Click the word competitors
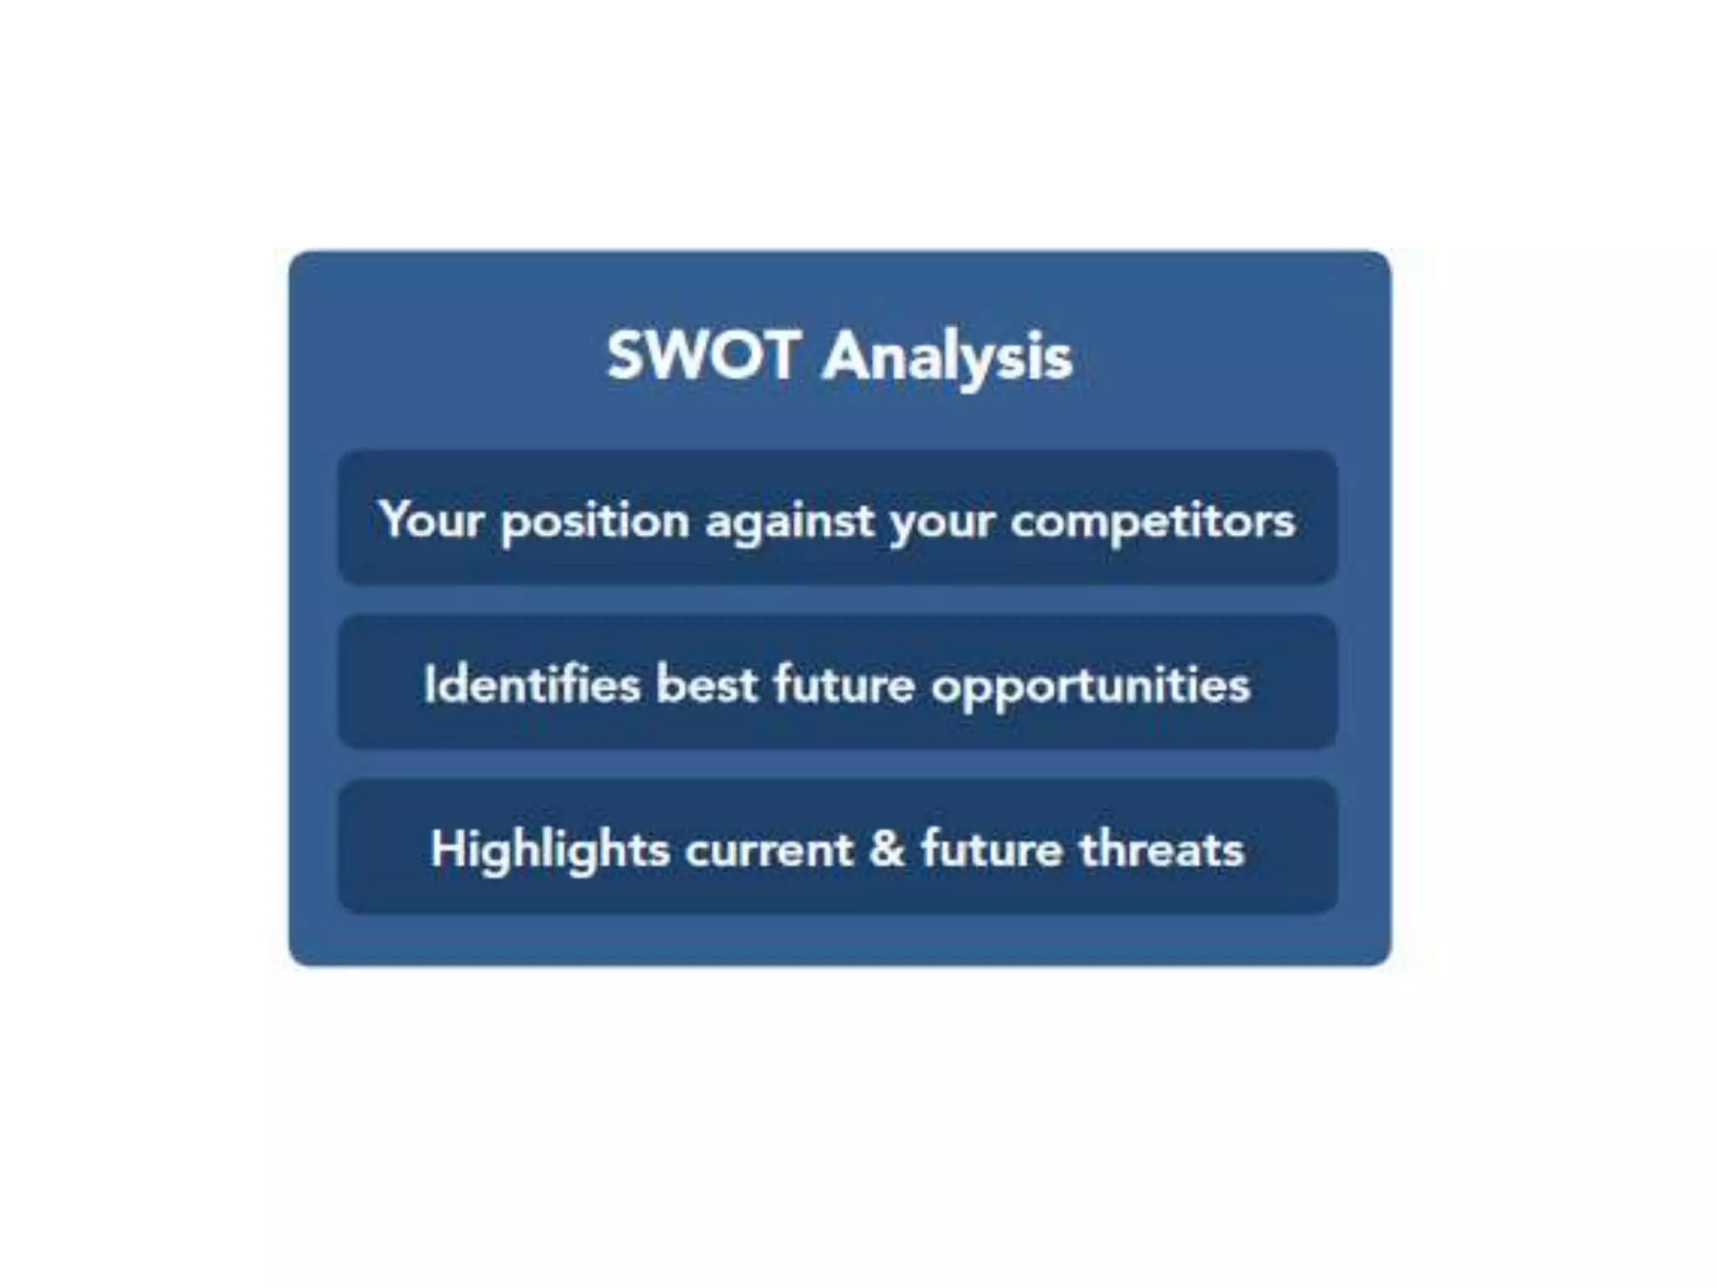pyautogui.click(x=1153, y=520)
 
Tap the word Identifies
pyautogui.click(x=532, y=684)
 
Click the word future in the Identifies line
pyautogui.click(x=843, y=684)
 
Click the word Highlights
pyautogui.click(x=550, y=849)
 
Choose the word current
pyautogui.click(x=769, y=849)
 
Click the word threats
pyautogui.click(x=1161, y=849)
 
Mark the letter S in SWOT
pyautogui.click(x=625, y=356)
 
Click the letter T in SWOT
pyautogui.click(x=776, y=356)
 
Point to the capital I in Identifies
pyautogui.click(x=429, y=684)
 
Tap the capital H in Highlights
pyautogui.click(x=449, y=849)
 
